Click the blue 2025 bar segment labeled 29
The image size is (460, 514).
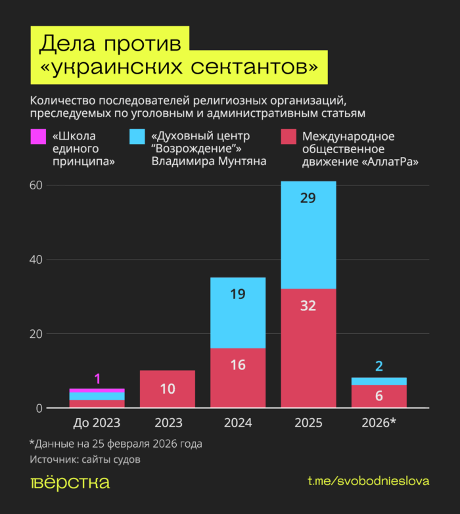(308, 235)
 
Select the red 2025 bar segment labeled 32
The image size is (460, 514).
(308, 348)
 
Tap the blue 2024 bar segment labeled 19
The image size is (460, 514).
(238, 313)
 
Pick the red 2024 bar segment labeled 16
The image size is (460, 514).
(238, 378)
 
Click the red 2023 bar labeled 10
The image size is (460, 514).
(168, 389)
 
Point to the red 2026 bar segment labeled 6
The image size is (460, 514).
(379, 396)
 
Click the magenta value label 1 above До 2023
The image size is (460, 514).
(97, 379)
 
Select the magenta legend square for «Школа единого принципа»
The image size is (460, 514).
(38, 137)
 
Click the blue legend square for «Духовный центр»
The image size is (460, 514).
(137, 137)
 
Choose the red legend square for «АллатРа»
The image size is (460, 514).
(288, 137)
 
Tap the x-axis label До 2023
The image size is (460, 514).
(97, 423)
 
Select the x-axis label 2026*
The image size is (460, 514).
(379, 423)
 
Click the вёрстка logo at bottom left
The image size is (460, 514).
(70, 482)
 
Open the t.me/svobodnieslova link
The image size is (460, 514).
(368, 481)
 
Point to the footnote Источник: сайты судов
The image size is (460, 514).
(85, 459)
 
